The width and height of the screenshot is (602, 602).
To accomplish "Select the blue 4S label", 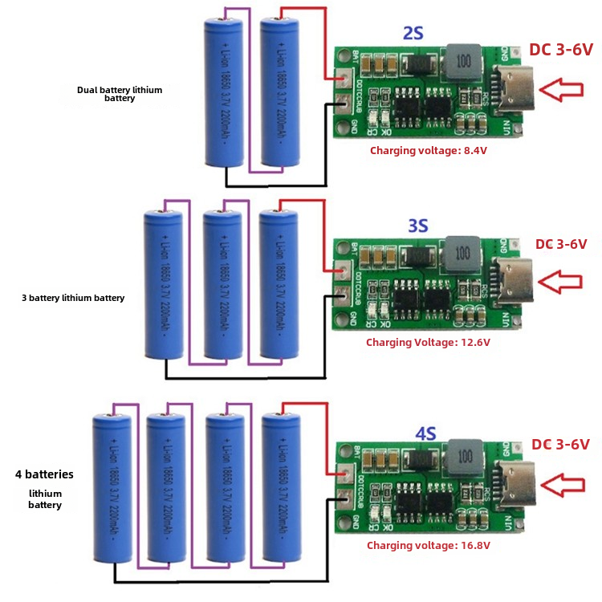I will tap(425, 433).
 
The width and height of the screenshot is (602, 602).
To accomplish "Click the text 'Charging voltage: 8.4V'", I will tap(429, 150).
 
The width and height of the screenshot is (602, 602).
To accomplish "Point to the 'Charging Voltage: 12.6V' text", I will tap(428, 342).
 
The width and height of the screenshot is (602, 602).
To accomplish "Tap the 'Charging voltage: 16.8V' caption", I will tap(429, 545).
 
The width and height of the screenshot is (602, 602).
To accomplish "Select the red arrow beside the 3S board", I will tap(561, 281).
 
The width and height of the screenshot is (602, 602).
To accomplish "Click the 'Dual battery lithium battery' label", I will tap(120, 94).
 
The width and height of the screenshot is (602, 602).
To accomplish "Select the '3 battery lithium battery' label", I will tap(73, 298).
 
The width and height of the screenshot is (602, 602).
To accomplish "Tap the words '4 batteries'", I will tap(44, 474).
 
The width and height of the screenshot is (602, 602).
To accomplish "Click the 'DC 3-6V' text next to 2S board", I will tap(560, 50).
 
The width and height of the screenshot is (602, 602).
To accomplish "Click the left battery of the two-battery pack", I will tap(225, 93).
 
